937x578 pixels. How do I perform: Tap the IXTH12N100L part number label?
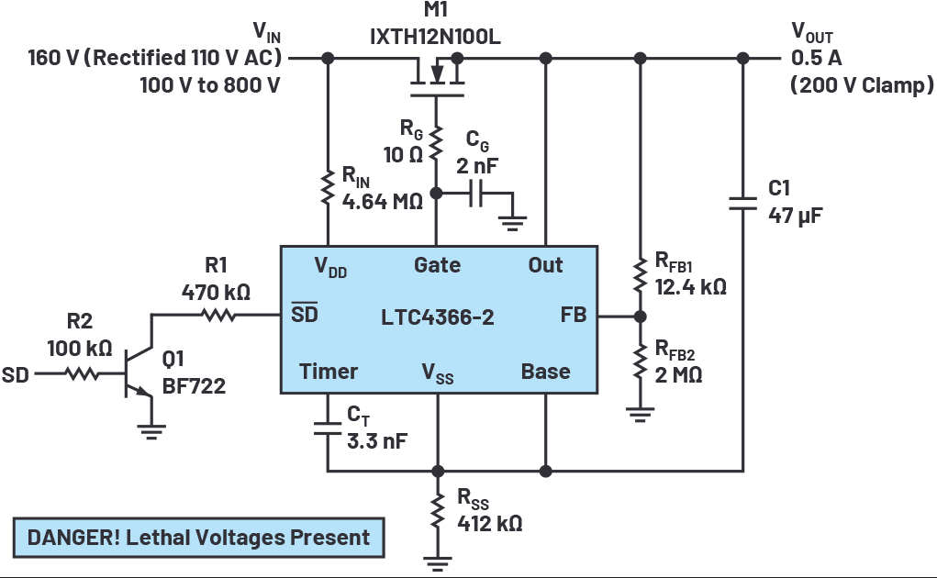435,37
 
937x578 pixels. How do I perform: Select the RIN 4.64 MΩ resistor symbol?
328,187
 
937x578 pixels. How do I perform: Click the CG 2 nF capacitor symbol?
475,193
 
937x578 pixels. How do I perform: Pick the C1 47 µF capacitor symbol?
742,204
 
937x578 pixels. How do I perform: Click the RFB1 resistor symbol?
640,275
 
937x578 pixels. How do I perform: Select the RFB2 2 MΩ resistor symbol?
640,361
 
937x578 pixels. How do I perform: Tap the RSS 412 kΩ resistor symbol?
438,511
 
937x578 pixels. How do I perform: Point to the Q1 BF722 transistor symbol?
139,374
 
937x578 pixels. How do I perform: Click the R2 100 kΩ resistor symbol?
82,373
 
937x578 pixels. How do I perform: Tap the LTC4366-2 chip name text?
438,317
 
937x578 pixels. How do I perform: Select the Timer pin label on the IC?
328,372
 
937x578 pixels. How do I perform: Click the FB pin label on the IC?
573,315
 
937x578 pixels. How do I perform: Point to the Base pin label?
545,372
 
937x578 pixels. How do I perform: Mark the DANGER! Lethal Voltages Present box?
198,538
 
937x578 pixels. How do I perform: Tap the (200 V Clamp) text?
862,84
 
